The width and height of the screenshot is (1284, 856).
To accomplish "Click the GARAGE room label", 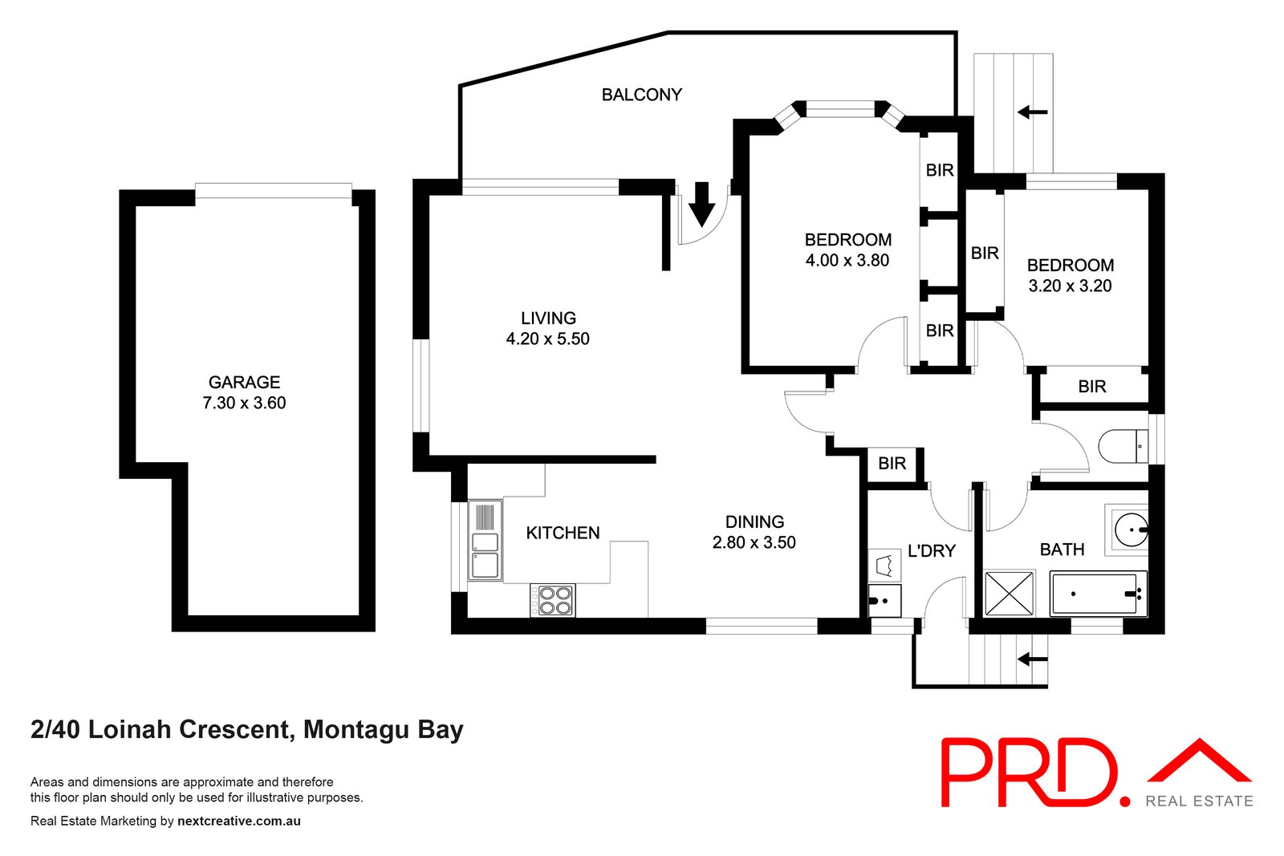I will (x=244, y=383).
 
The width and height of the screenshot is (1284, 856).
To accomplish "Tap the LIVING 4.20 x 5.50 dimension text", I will (x=548, y=339).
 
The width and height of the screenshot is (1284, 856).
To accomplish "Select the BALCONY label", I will (x=641, y=95).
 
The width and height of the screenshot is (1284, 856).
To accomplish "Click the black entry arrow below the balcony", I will (x=701, y=205).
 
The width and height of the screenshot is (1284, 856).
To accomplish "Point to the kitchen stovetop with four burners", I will (x=553, y=600).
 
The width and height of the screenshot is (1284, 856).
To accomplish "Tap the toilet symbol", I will (x=1123, y=446).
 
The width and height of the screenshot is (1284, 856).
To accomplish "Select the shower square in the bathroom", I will (x=1009, y=593).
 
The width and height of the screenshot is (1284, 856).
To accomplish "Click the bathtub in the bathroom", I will (x=1096, y=594).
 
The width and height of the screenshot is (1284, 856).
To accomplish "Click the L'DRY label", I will (x=931, y=551).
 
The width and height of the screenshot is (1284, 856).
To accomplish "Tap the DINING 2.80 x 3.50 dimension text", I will (x=754, y=543).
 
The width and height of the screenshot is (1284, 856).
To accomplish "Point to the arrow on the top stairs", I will (x=1032, y=112).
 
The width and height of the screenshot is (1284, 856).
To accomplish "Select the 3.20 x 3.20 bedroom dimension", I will (x=1070, y=286).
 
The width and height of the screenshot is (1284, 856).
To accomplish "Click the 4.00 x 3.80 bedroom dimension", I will (x=847, y=261).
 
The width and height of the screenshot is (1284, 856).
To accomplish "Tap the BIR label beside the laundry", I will (x=892, y=464).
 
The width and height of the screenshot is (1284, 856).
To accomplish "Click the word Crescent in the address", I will (x=234, y=730).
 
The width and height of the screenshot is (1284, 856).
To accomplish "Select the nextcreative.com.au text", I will (x=239, y=822).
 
